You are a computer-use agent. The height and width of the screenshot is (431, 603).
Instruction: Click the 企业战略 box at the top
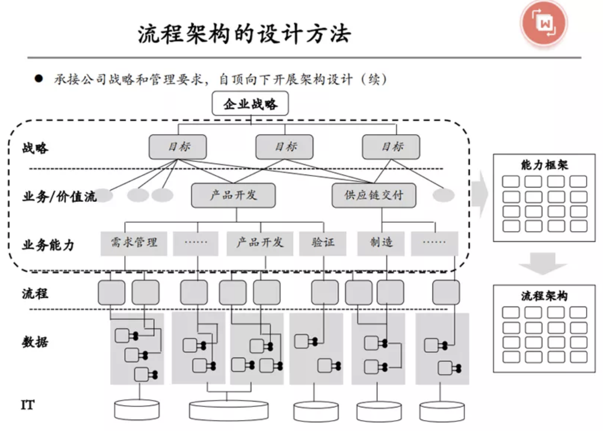click(x=250, y=104)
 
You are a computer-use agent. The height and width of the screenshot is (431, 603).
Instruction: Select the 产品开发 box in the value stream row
click(x=233, y=195)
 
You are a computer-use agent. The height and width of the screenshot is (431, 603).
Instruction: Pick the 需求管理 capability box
click(x=134, y=243)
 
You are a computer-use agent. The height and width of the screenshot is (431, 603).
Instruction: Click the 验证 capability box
click(x=323, y=243)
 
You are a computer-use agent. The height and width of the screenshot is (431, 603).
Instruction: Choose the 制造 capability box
click(x=381, y=243)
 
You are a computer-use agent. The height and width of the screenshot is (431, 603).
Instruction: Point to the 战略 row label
click(x=35, y=148)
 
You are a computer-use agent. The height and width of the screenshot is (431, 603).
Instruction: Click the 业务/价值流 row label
click(x=59, y=196)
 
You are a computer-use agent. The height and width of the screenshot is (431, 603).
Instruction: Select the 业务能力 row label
click(x=48, y=245)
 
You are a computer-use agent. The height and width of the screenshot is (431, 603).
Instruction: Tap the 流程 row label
click(x=35, y=294)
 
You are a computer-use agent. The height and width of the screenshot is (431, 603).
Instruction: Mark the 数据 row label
click(x=35, y=342)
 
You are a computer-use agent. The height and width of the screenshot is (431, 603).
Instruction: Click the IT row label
click(x=28, y=405)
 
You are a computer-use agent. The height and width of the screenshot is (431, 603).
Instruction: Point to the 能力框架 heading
click(x=544, y=165)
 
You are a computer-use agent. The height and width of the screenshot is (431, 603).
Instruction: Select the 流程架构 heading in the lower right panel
click(x=544, y=296)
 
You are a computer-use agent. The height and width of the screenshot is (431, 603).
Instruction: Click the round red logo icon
click(x=544, y=23)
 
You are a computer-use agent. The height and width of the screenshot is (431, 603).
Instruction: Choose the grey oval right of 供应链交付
click(x=443, y=195)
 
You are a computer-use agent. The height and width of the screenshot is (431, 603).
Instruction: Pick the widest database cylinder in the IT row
click(x=228, y=410)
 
